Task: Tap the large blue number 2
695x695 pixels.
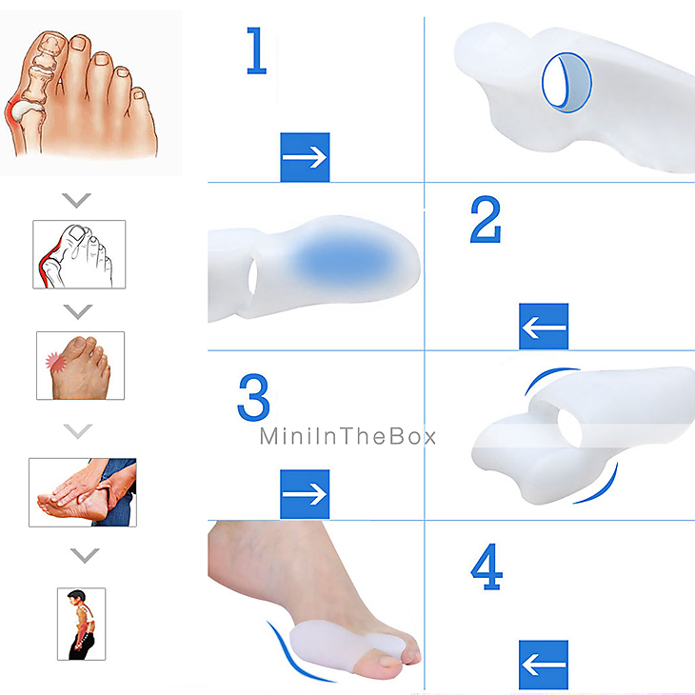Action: pos(485,220)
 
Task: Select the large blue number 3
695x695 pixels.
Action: pos(253,397)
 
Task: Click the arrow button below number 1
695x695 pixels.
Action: pos(305,157)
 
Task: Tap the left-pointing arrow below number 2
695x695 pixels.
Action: pos(544,327)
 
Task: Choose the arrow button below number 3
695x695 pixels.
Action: pos(305,493)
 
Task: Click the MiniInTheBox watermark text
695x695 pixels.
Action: pos(348,436)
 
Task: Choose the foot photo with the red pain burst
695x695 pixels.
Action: pos(80,366)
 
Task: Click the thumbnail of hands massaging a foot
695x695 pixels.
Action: pos(82,492)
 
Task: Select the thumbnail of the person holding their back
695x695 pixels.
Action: pos(81,624)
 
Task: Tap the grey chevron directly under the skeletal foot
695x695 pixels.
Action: pos(77,200)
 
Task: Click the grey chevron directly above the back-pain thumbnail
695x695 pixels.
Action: pos(85,554)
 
